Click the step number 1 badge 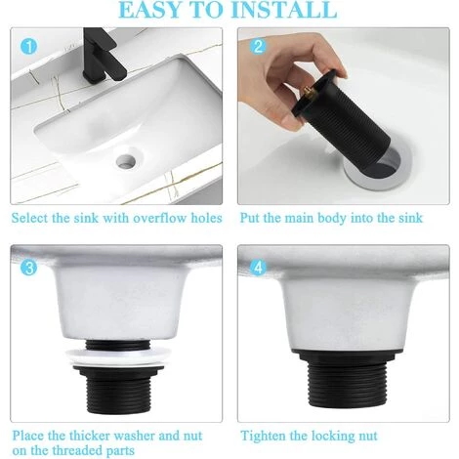(x=29, y=46)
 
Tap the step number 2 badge (x=258, y=47)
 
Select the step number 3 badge (x=29, y=268)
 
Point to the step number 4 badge (x=258, y=268)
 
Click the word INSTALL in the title (x=286, y=10)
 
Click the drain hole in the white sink (x=126, y=160)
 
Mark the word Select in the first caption (x=29, y=218)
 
